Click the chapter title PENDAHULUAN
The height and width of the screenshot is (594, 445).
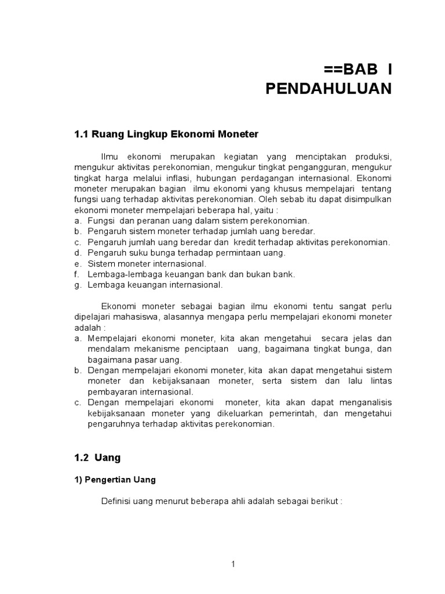329,89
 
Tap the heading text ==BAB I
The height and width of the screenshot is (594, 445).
358,70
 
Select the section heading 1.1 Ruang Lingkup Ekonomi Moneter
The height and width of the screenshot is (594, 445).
166,134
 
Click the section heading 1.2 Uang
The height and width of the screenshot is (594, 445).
97,458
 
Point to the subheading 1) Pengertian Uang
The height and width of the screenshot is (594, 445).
115,480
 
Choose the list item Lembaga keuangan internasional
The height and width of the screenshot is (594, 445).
155,285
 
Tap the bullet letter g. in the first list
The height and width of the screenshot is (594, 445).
78,285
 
